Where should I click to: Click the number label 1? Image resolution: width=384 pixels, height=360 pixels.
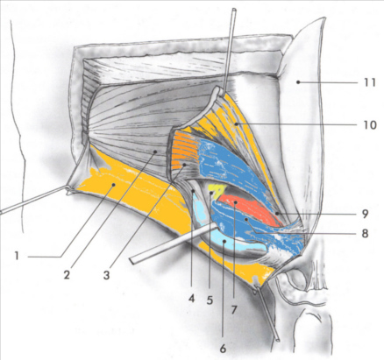coord(17,256)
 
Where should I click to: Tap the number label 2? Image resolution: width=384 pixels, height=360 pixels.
coord(67,274)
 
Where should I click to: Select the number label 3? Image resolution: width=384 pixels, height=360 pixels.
coord(106,275)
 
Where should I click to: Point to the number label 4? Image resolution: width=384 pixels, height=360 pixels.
coord(191,299)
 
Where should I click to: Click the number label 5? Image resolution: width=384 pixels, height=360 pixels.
coord(210,300)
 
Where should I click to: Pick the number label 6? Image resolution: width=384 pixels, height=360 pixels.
coord(223,349)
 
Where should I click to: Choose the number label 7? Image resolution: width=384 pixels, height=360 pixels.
coord(233,310)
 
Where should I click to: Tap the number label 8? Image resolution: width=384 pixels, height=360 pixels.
coord(365,234)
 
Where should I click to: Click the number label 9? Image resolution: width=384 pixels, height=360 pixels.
coord(365,214)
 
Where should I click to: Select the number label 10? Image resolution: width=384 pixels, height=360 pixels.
coord(369,125)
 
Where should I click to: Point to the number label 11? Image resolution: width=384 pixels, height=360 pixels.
coord(369,82)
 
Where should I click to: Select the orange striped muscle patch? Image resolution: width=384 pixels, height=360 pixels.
coord(184,150)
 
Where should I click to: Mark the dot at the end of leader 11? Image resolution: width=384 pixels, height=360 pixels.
coord(298,82)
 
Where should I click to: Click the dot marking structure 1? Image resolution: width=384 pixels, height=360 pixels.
coord(114,185)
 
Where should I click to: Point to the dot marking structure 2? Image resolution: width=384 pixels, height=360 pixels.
coord(156,152)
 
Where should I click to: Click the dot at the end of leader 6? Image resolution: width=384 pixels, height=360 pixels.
coord(224,242)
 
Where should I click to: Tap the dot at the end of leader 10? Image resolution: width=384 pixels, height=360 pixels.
coord(236,124)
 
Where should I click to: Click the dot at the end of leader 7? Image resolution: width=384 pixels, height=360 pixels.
coord(235,202)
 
